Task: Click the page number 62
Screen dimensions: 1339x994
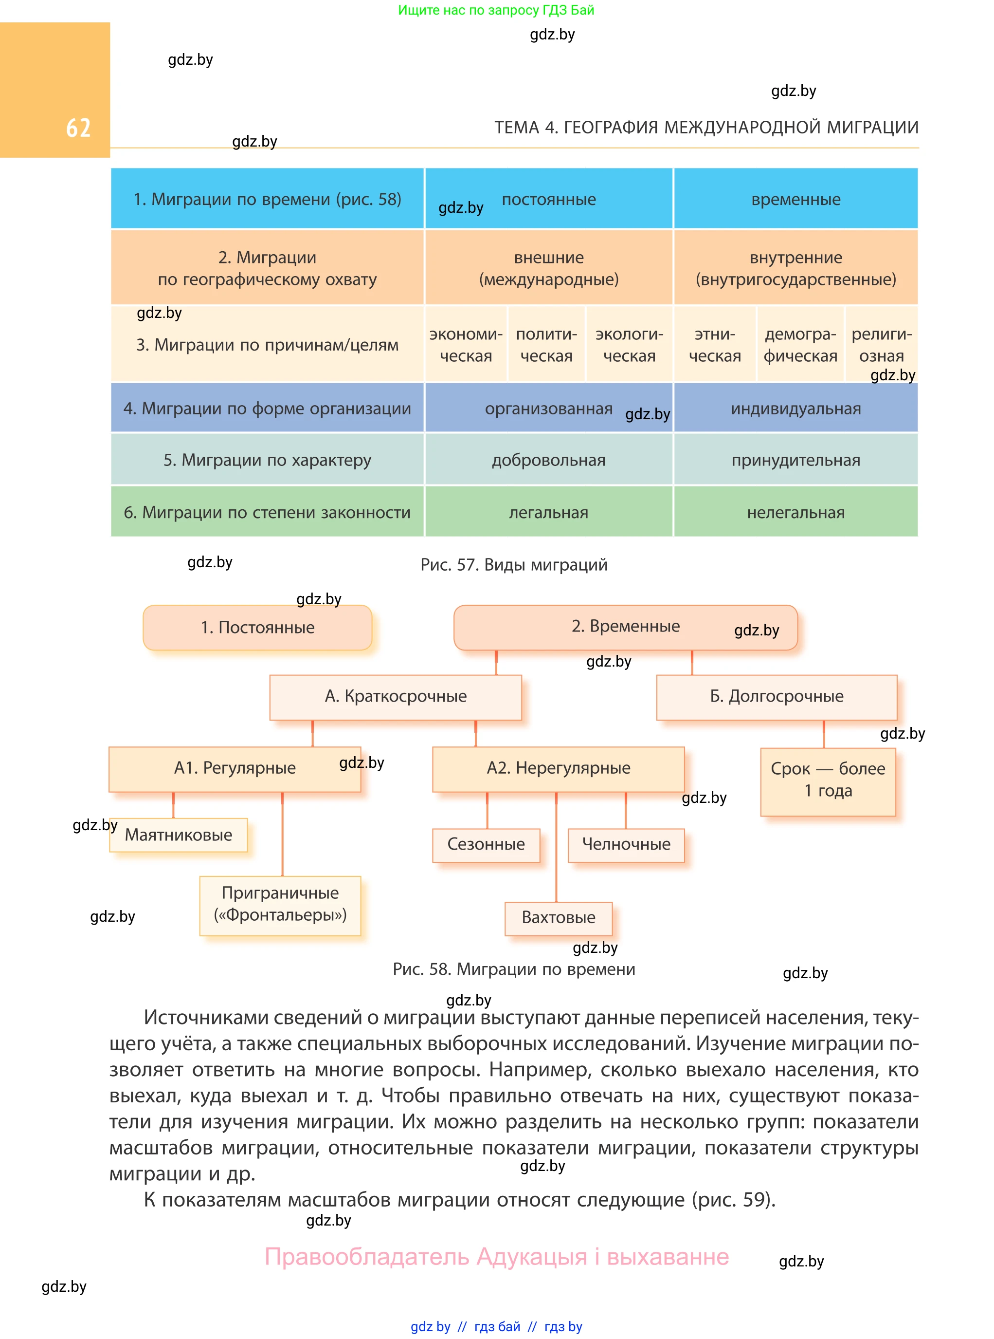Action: pos(78,128)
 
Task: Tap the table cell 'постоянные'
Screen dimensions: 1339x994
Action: pos(548,199)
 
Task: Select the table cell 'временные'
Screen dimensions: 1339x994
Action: pos(795,199)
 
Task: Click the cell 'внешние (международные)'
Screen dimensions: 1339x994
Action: pos(548,268)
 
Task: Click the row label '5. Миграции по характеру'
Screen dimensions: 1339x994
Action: pos(267,460)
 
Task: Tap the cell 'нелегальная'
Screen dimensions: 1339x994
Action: pos(795,512)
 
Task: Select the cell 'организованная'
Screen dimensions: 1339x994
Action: pos(548,409)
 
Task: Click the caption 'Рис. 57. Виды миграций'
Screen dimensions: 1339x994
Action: pos(514,565)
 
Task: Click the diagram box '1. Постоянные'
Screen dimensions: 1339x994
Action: pos(257,627)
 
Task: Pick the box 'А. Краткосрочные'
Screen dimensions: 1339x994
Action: pos(396,697)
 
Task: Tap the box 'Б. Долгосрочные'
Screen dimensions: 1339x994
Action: pos(776,697)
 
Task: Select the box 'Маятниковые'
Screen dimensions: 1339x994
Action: pos(178,835)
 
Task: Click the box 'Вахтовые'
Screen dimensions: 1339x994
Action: pos(559,917)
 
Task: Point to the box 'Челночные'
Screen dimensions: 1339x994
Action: pos(626,845)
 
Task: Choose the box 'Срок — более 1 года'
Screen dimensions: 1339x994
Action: pos(828,781)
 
